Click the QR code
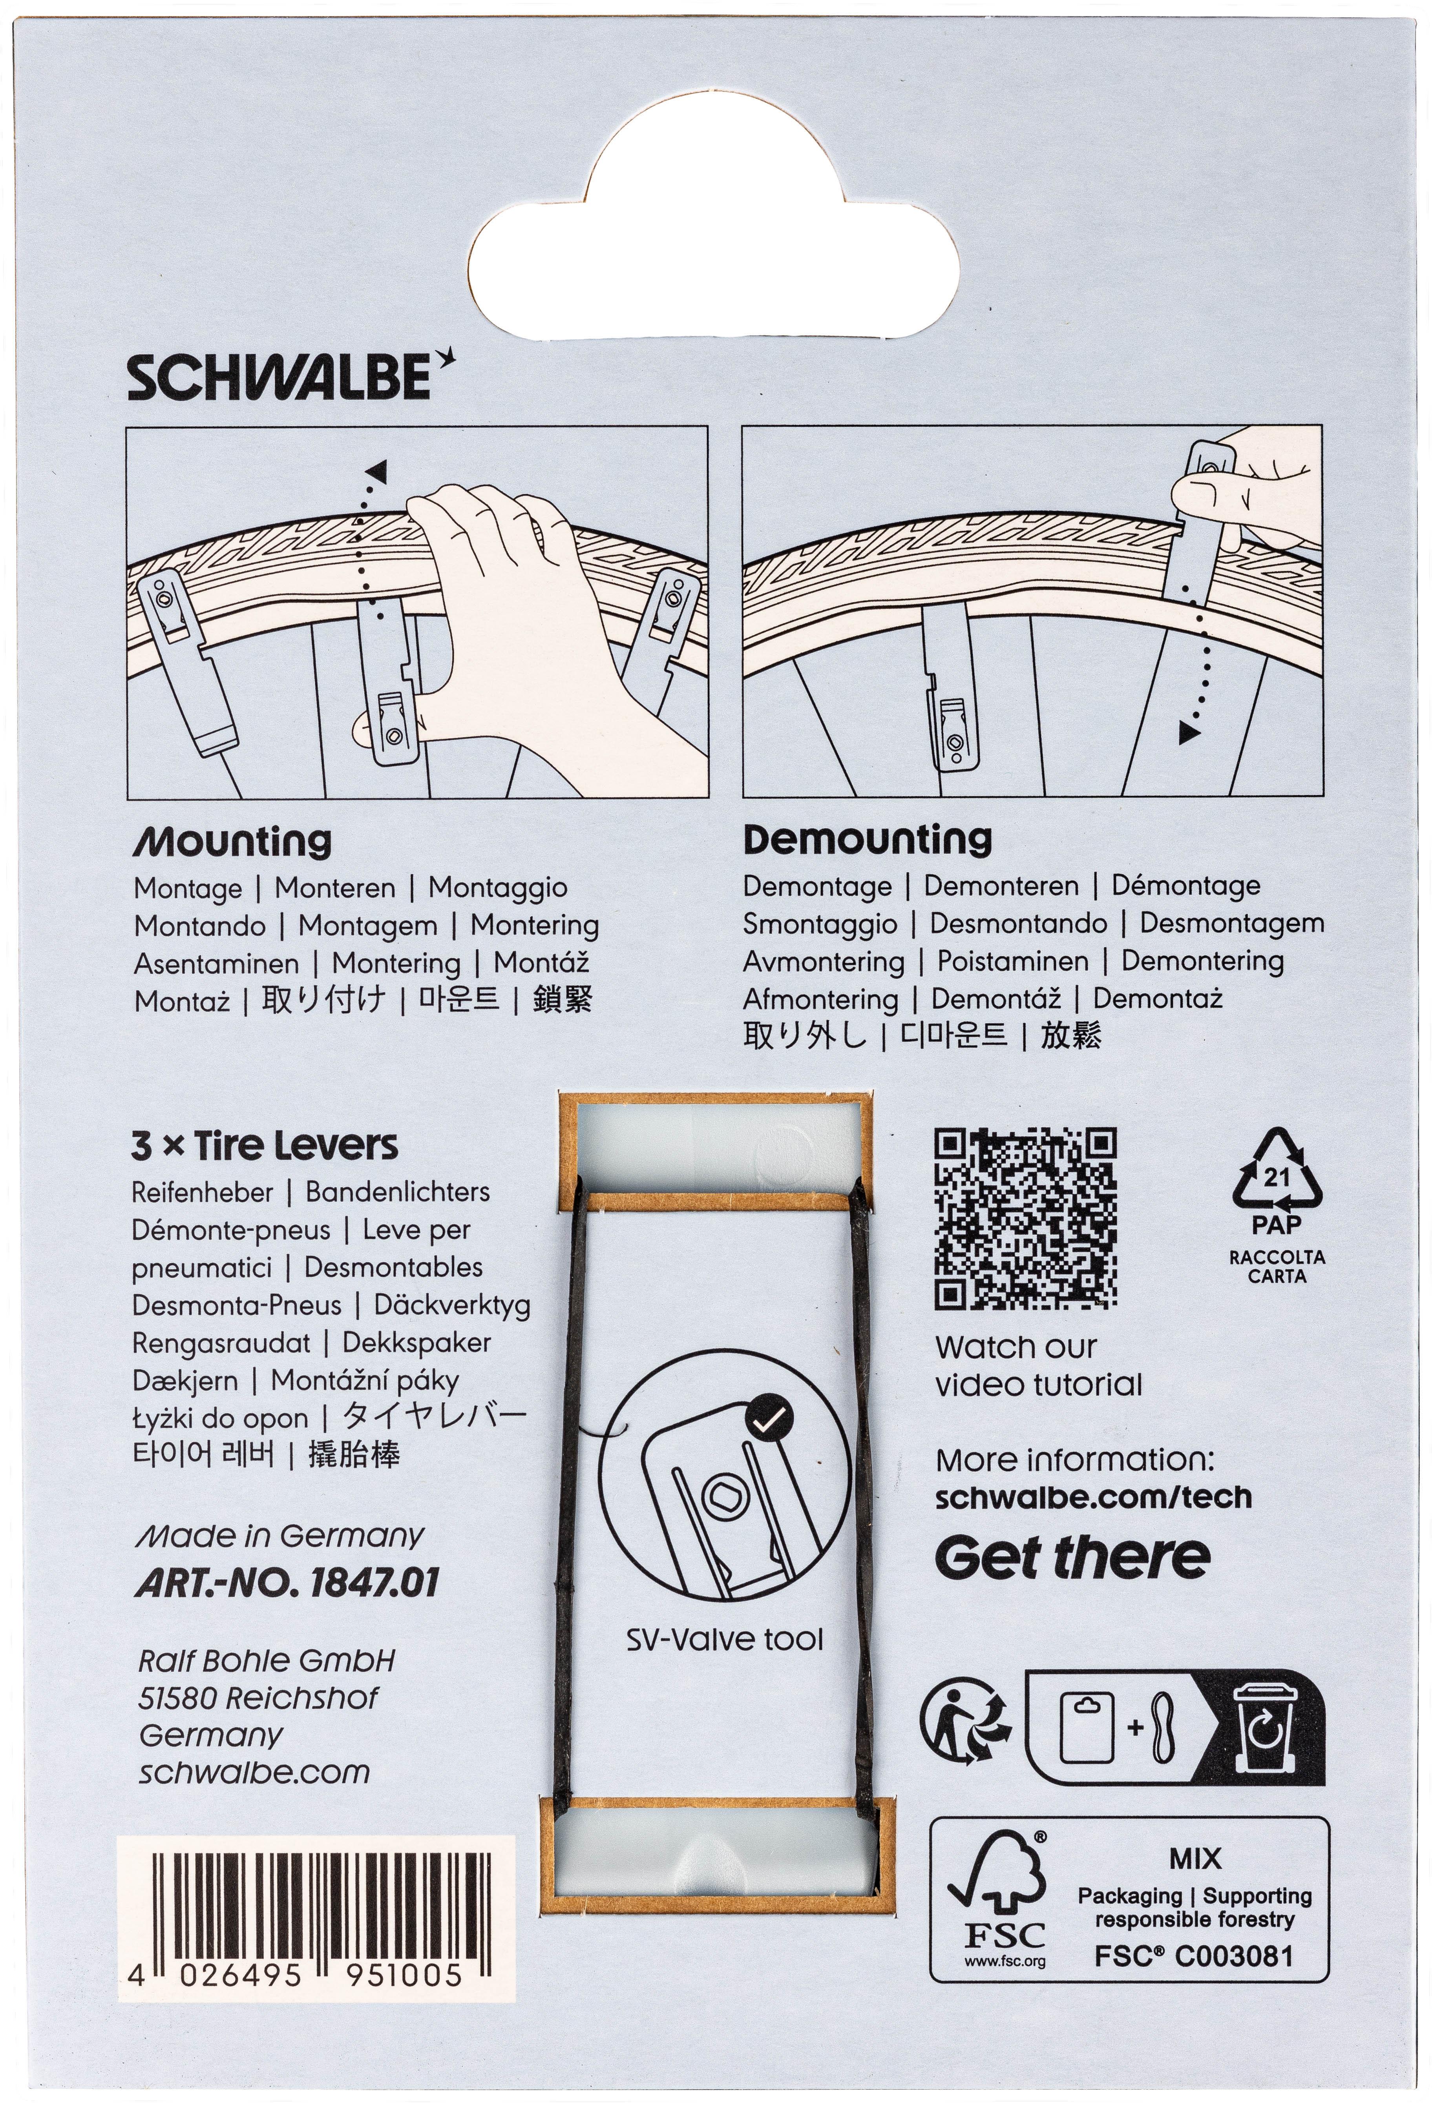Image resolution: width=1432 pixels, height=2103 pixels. (x=1025, y=1218)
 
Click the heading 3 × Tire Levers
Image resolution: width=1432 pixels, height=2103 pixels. (x=264, y=1146)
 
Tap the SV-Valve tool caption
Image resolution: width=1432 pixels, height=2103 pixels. (x=724, y=1639)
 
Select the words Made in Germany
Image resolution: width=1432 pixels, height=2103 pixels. (x=280, y=1536)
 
